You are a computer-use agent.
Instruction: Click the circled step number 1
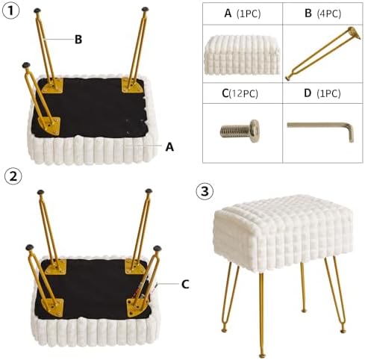tap(10, 11)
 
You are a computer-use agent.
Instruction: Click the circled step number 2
tap(13, 176)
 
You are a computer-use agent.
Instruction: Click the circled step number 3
tap(205, 192)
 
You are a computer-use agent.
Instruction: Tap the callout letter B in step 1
tap(78, 40)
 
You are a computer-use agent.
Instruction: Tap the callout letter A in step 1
tap(169, 147)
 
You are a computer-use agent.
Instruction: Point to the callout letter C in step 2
tap(185, 284)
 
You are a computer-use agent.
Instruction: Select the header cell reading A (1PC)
tap(243, 13)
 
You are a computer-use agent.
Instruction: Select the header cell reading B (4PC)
tap(322, 13)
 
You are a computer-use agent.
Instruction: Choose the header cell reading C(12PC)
tap(243, 93)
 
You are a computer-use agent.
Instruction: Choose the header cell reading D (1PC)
tap(322, 93)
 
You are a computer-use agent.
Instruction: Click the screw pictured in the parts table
tap(240, 131)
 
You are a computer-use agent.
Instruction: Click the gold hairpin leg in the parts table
tap(323, 54)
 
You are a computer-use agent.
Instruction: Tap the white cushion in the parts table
tap(242, 55)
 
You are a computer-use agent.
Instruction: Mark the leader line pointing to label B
tap(59, 39)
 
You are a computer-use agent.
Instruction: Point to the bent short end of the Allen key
tap(351, 134)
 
